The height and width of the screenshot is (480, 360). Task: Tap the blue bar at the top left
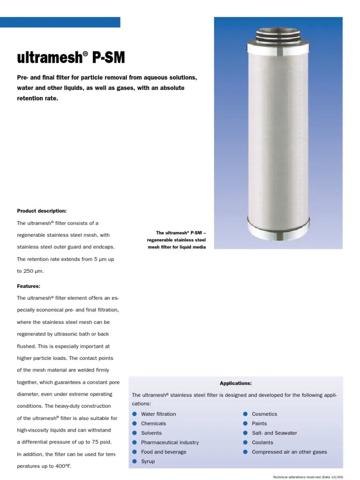pyautogui.click(x=60, y=22)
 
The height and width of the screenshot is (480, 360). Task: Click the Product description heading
pyautogui.click(x=42, y=211)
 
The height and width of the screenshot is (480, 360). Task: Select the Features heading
pyautogui.click(x=29, y=286)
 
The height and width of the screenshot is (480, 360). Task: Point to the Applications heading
pyautogui.click(x=236, y=383)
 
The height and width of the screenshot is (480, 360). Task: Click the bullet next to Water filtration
pyautogui.click(x=135, y=414)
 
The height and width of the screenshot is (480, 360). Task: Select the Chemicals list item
pyautogui.click(x=153, y=423)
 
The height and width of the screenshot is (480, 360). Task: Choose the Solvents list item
pyautogui.click(x=151, y=433)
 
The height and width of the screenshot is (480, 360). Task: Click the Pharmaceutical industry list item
pyautogui.click(x=170, y=442)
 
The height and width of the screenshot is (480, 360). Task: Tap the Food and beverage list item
pyautogui.click(x=164, y=452)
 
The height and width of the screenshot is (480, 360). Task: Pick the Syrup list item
pyautogui.click(x=148, y=462)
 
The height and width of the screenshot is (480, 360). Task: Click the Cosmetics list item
pyautogui.click(x=264, y=414)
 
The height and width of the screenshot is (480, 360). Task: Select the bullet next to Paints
pyautogui.click(x=245, y=423)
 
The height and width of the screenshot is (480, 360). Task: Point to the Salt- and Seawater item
pyautogui.click(x=274, y=433)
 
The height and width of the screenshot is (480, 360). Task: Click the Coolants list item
pyautogui.click(x=262, y=442)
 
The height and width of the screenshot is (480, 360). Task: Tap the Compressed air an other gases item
pyautogui.click(x=289, y=452)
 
